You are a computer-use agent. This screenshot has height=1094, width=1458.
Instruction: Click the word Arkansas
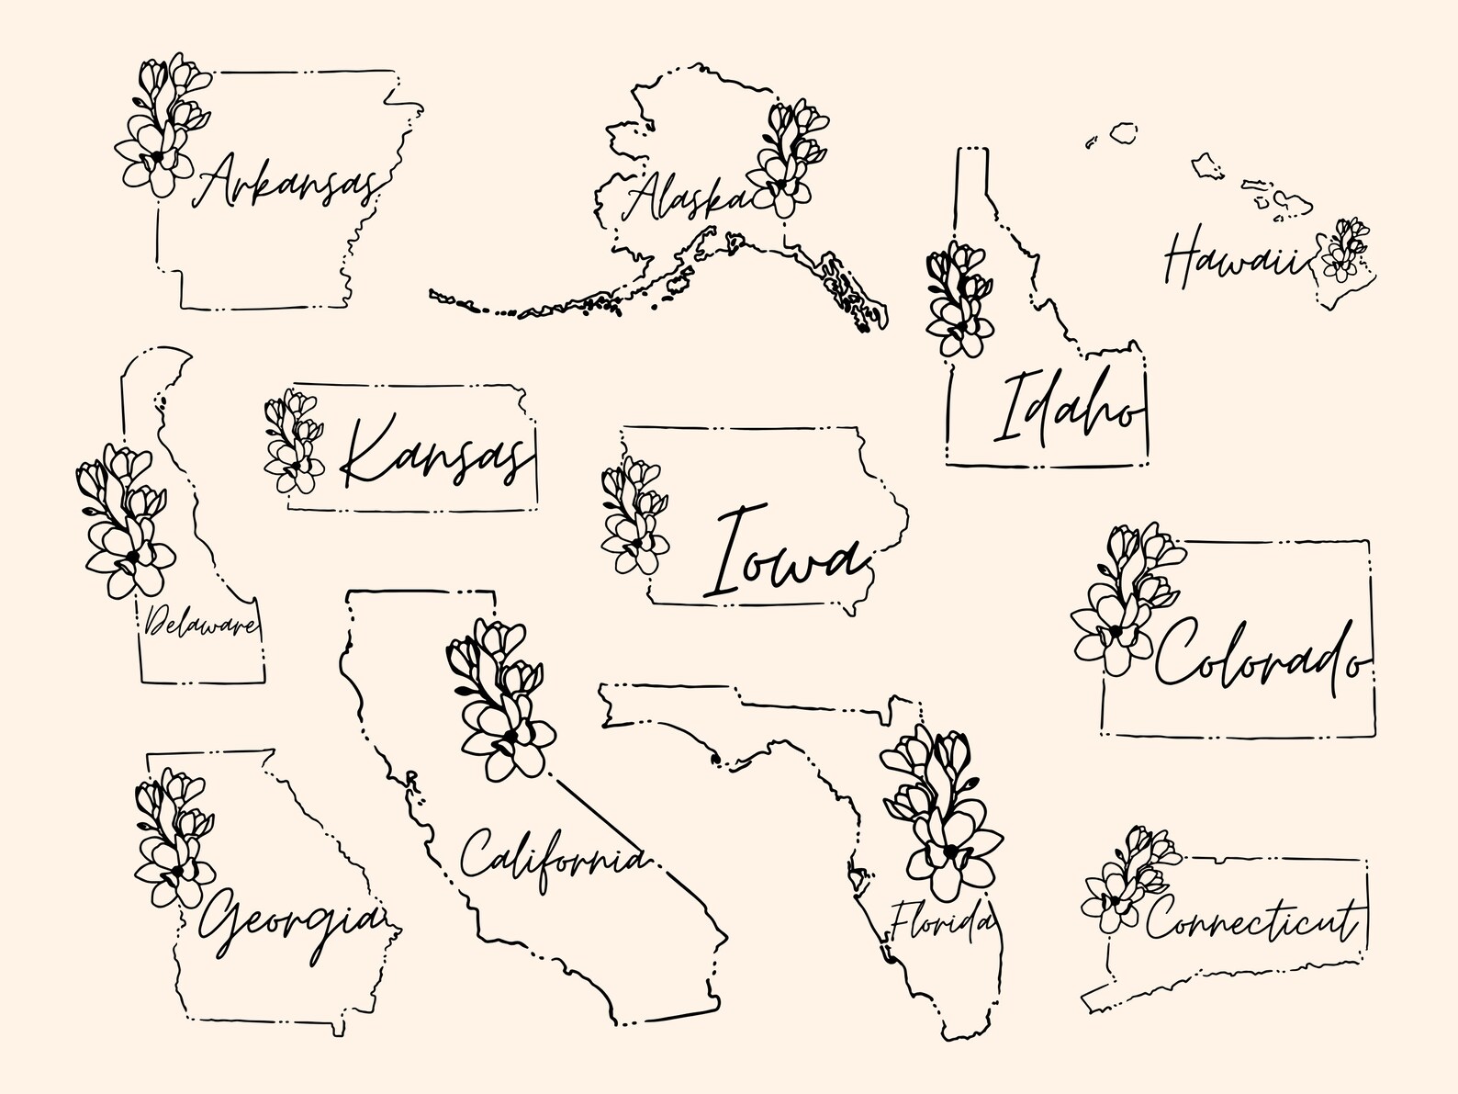point(286,182)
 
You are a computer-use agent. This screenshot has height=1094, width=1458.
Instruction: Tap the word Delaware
point(200,624)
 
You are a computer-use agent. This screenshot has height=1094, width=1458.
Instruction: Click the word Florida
point(942,919)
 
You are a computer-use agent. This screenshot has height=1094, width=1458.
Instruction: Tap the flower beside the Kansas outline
point(294,441)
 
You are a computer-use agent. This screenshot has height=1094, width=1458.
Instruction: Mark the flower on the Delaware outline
point(125,519)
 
